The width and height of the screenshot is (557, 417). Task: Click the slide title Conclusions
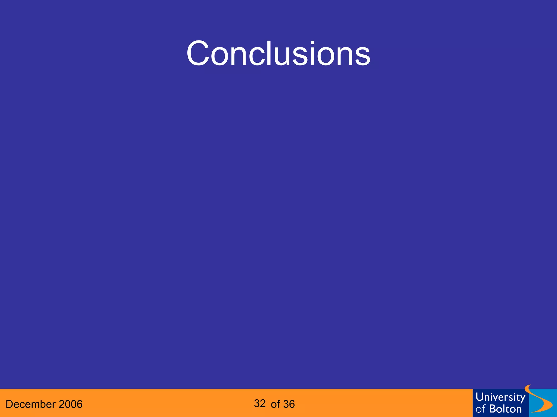(278, 53)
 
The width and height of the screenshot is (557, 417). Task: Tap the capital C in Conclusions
(198, 53)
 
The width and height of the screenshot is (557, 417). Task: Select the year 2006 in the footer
(70, 404)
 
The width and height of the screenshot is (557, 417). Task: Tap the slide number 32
(260, 403)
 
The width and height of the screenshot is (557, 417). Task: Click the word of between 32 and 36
(275, 404)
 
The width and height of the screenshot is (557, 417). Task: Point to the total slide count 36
(289, 404)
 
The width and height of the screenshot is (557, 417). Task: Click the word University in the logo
(500, 397)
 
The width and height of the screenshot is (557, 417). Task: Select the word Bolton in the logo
(505, 409)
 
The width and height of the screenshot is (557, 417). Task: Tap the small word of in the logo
(480, 409)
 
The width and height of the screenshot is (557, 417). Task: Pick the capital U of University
(479, 397)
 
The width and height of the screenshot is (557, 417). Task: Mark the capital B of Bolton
(492, 409)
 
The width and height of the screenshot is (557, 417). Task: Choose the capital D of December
(9, 404)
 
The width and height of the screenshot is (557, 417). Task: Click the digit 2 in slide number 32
(263, 403)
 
